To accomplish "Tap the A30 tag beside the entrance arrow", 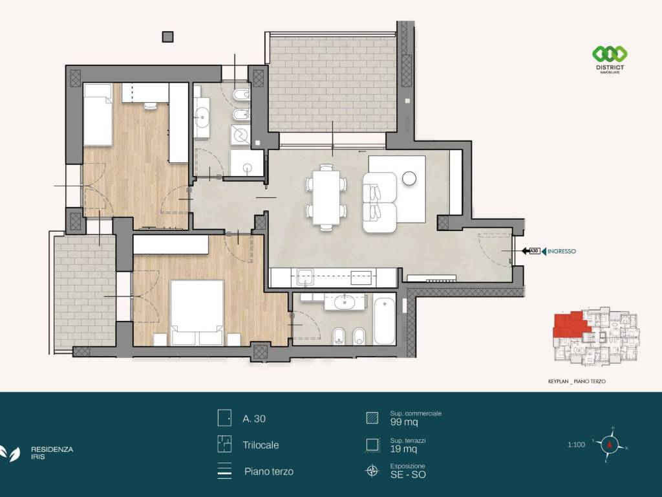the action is (535, 251).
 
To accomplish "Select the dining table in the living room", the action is (326, 197).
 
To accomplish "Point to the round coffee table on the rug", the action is (409, 179).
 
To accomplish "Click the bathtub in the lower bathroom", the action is (384, 321).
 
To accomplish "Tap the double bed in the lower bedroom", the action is (197, 313).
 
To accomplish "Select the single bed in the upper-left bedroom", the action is (98, 115).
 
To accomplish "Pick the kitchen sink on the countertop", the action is (304, 277).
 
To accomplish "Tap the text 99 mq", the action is (404, 422).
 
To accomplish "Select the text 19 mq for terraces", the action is (403, 449).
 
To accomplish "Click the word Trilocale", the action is (261, 445).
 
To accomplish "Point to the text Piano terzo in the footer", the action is (269, 472).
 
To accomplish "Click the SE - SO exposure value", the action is (408, 474).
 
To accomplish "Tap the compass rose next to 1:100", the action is (610, 445).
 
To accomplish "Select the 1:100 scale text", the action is (576, 445).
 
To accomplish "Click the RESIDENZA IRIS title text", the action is (52, 453).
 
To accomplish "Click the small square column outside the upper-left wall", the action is (167, 37).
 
